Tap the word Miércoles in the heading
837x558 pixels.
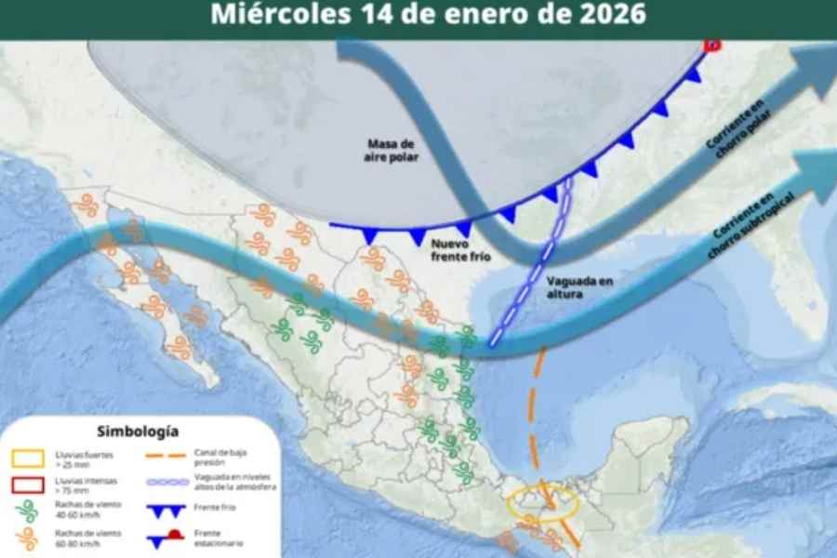270,14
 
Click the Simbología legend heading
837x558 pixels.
138,432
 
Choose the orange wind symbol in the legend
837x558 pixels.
27,538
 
